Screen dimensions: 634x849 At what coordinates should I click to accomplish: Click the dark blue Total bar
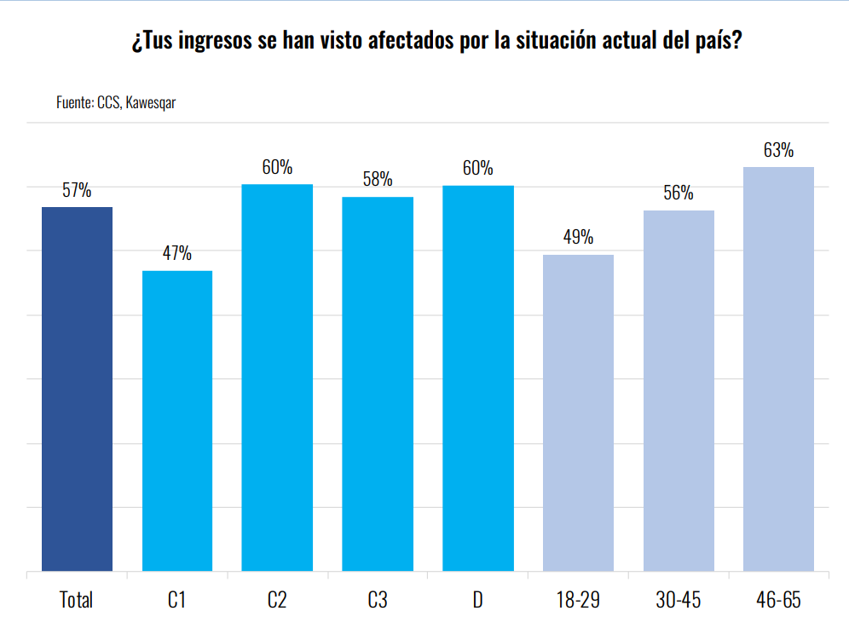click(x=77, y=389)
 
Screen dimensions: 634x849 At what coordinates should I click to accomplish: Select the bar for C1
click(x=177, y=421)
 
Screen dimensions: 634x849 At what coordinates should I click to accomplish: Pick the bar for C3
click(x=378, y=383)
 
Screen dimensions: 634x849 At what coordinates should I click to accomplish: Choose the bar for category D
click(x=478, y=378)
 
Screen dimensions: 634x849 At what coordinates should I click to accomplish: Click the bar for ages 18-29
click(x=578, y=412)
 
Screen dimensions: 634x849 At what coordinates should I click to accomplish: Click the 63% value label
click(x=779, y=151)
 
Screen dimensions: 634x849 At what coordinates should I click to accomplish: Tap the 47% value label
click(x=177, y=254)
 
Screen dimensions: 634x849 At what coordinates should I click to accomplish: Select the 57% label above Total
click(x=77, y=191)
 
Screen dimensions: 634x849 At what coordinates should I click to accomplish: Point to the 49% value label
click(x=578, y=238)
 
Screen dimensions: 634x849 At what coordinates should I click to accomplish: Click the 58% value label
click(x=378, y=180)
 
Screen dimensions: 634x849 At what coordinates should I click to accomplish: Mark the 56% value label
click(x=679, y=193)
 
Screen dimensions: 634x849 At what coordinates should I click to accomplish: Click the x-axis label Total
click(x=77, y=600)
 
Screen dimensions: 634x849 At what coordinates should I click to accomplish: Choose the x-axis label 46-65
click(x=779, y=600)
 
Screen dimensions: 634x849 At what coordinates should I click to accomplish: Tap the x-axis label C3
click(x=378, y=600)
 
